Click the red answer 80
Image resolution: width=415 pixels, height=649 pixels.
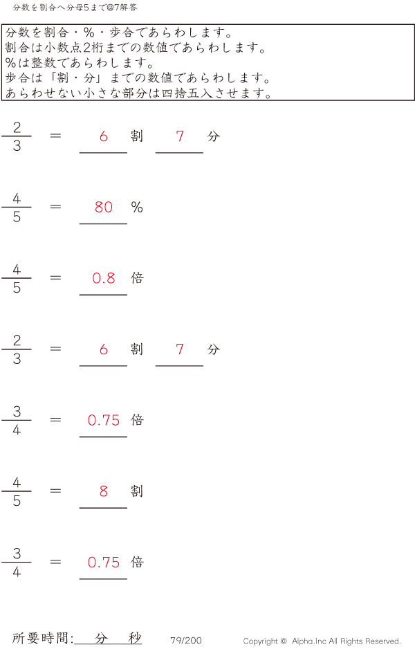click(104, 207)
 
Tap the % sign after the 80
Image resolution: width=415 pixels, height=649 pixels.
click(137, 207)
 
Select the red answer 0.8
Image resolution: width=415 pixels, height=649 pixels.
click(104, 278)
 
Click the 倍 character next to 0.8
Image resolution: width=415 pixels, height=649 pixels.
click(137, 277)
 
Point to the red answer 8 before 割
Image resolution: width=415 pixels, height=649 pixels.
click(104, 491)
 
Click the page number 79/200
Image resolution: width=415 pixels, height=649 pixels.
click(186, 640)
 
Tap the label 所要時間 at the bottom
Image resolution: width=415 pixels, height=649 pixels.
click(40, 638)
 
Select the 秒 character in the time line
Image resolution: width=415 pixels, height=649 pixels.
click(135, 638)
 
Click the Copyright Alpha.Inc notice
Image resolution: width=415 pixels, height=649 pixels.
click(322, 641)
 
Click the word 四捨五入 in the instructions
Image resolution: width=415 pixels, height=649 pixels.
click(187, 93)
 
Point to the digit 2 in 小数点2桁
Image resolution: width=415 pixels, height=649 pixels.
click(87, 48)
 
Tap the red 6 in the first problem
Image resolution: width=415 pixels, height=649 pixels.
click(104, 136)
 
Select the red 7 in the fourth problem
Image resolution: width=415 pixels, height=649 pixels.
click(180, 349)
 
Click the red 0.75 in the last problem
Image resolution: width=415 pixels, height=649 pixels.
click(104, 562)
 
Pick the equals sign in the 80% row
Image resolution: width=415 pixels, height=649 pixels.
click(55, 207)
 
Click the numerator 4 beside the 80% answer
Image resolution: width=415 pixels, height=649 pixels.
click(17, 199)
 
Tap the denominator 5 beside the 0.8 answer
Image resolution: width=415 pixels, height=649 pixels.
click(17, 288)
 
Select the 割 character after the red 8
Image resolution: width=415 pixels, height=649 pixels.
click(137, 491)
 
